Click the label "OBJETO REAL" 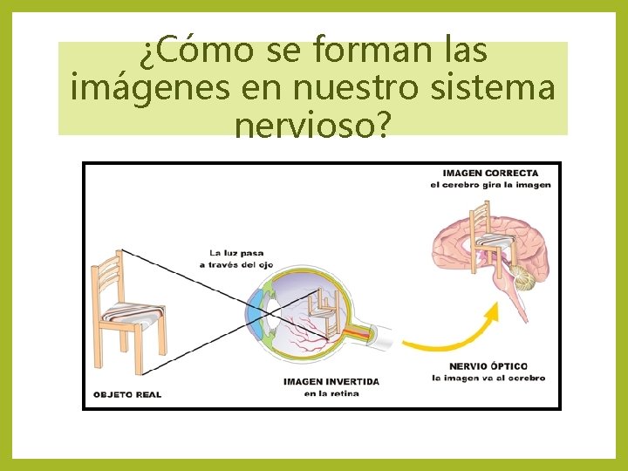[126, 394]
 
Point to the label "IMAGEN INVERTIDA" [331, 381]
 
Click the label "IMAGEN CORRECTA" [490, 173]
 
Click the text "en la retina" [331, 393]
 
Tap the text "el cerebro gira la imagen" [490, 185]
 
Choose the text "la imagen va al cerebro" [488, 378]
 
